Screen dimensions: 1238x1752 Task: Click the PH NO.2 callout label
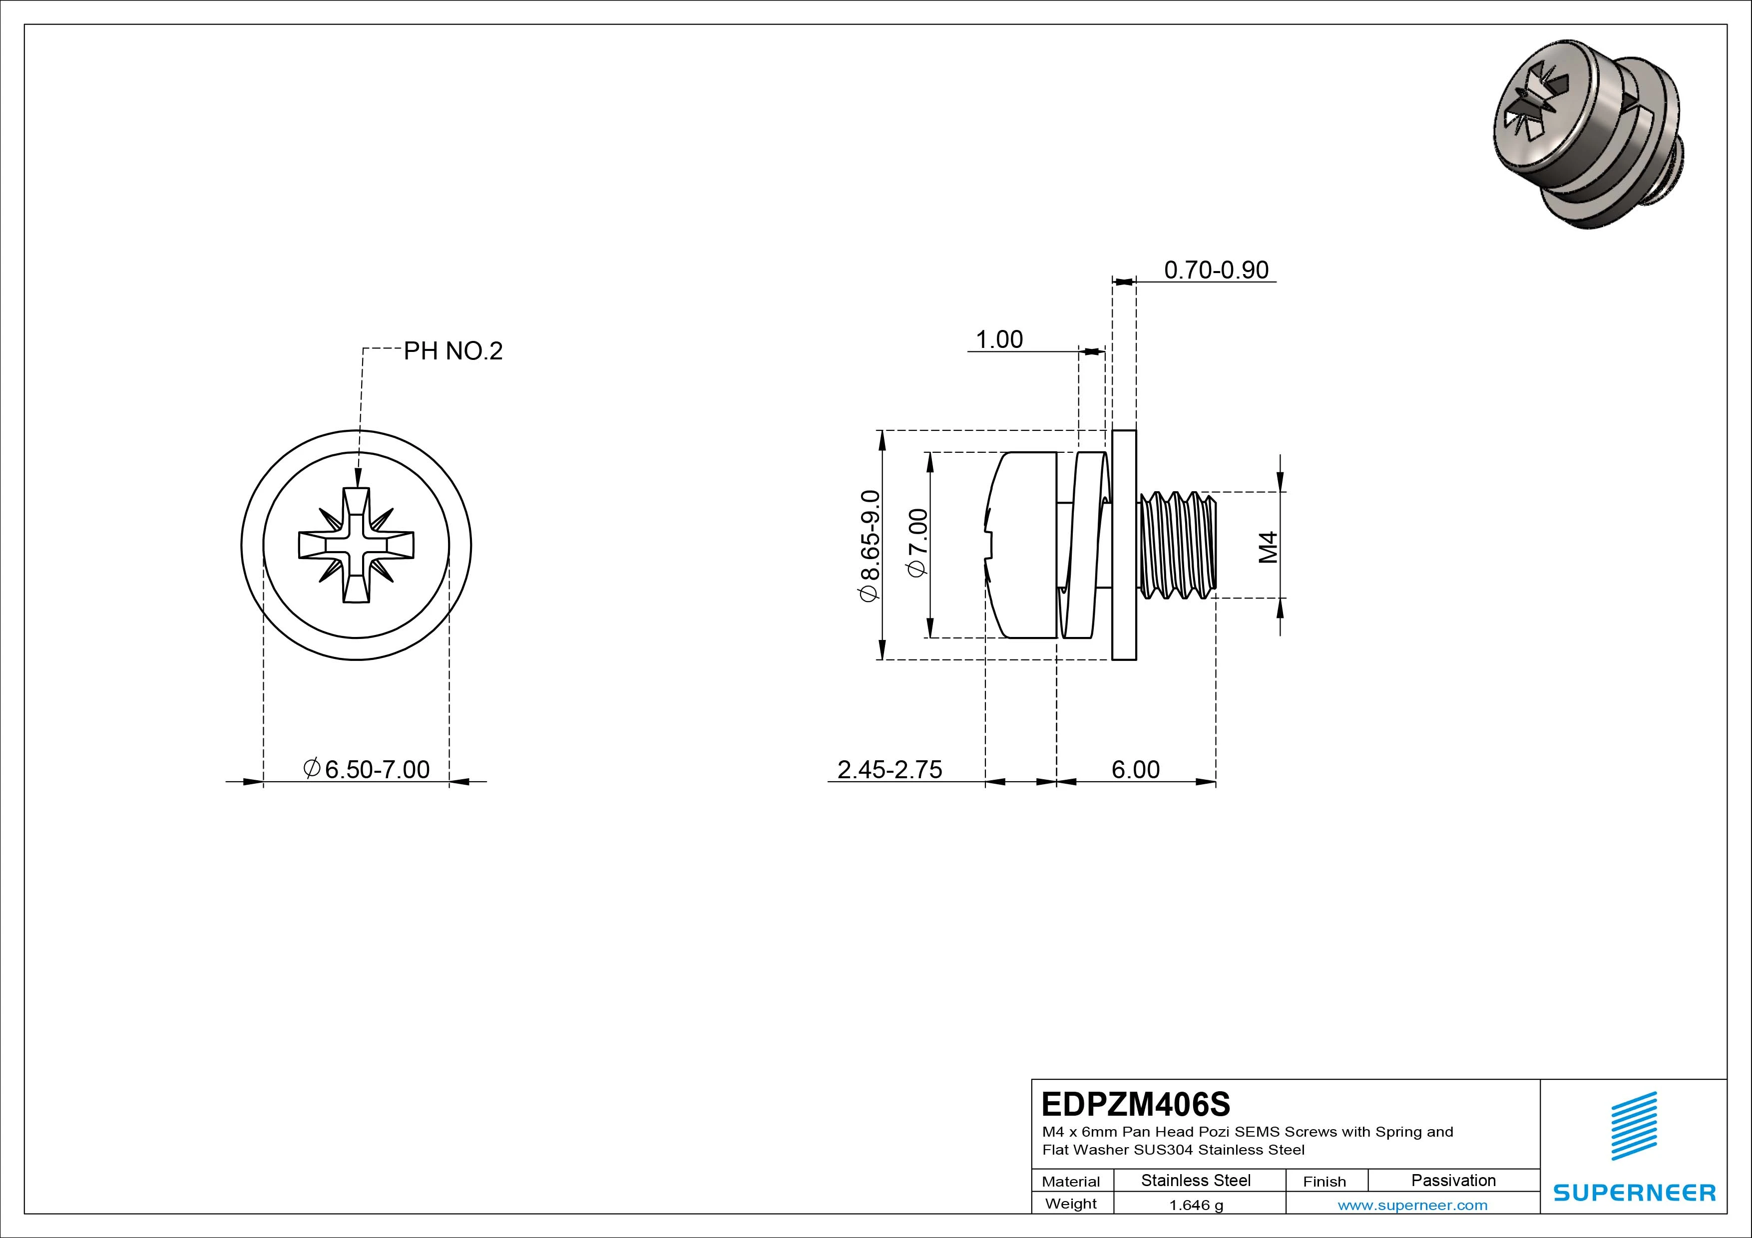(452, 351)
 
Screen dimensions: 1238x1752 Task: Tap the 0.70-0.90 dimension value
(1216, 270)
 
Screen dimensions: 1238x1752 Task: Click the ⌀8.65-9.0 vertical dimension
(870, 546)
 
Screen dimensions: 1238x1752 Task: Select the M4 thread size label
(1268, 547)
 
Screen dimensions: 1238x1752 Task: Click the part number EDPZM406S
(1135, 1104)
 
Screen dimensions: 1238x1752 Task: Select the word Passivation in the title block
(1453, 1180)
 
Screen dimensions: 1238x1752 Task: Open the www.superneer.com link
(1412, 1205)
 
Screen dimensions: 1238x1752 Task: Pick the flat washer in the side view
(1124, 545)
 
